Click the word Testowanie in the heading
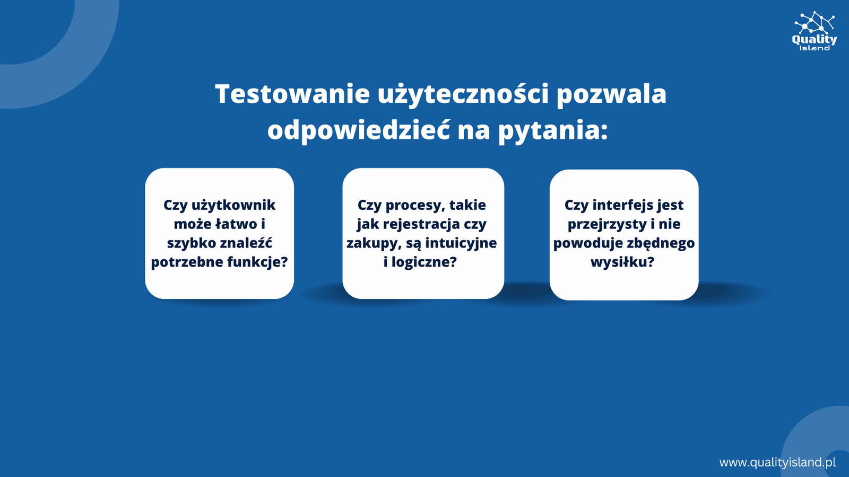click(292, 93)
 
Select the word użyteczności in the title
click(463, 95)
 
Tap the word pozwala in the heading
click(611, 95)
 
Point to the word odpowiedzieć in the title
click(359, 129)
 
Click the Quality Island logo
click(815, 31)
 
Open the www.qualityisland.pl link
click(777, 463)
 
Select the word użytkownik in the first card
click(233, 206)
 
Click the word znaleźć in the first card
click(246, 243)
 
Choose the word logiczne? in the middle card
click(424, 262)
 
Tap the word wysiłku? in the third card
click(622, 262)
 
